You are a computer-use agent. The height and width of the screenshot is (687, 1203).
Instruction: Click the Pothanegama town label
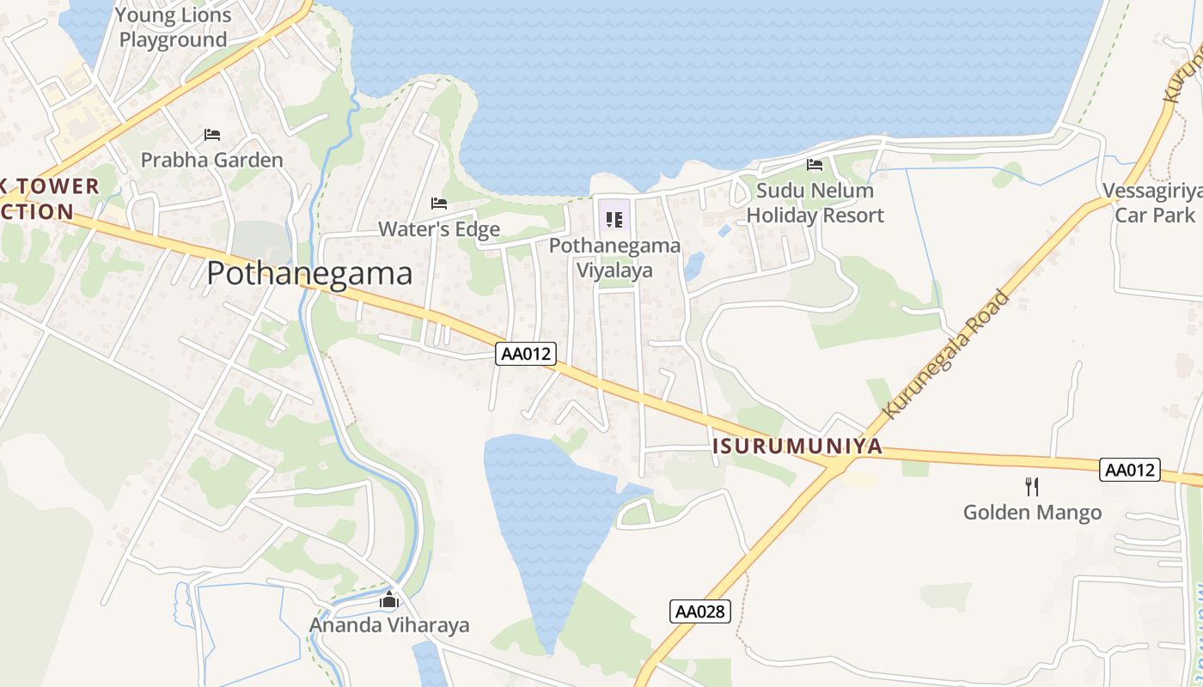309,273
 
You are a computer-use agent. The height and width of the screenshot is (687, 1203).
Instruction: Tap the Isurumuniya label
797,446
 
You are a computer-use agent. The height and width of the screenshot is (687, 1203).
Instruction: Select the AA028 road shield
700,611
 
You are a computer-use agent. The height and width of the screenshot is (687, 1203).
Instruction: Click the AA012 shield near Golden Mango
1130,470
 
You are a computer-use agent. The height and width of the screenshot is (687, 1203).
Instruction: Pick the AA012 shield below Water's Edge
526,353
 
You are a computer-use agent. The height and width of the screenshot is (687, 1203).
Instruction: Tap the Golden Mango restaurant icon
1032,487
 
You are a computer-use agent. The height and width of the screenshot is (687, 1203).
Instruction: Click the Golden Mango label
1032,513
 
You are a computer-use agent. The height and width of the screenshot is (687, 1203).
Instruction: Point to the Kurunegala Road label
948,353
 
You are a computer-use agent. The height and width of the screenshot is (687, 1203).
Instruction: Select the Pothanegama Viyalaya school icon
614,220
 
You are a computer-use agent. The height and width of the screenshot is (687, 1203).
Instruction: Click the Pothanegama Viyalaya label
614,258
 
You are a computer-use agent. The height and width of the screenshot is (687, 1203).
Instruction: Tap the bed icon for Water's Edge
439,204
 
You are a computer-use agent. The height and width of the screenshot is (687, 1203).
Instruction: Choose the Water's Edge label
439,229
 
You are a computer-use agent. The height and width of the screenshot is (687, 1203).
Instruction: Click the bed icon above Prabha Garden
212,135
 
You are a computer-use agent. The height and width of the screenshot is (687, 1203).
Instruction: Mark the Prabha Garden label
211,160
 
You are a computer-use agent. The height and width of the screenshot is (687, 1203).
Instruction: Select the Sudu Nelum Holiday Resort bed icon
815,165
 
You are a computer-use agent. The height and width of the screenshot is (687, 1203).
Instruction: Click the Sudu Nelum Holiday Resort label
814,203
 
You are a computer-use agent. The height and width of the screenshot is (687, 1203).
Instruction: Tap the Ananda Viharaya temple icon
389,599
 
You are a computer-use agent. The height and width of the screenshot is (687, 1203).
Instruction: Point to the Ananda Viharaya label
389,624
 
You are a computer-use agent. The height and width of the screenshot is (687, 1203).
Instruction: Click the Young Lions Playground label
174,27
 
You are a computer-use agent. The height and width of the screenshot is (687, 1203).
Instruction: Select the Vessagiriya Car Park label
1155,203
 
